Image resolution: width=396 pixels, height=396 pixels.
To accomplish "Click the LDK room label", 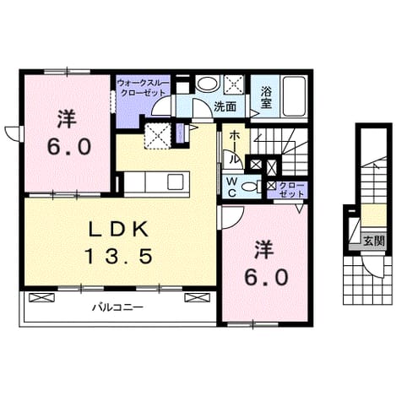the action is point(118,230).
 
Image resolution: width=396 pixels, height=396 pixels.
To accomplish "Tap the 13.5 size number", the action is point(120,256).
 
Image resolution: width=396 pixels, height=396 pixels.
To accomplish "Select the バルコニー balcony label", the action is point(118,307).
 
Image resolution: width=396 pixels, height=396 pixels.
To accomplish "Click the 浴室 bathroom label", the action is point(266,97).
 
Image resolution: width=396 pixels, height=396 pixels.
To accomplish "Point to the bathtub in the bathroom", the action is point(294,96).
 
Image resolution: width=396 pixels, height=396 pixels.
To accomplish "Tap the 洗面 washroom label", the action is point(225,106).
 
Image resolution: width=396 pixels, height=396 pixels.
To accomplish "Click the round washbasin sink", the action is point(208,84).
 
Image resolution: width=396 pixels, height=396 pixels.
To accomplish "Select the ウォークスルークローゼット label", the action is point(143,88).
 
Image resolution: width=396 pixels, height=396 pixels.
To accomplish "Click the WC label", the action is point(231,187).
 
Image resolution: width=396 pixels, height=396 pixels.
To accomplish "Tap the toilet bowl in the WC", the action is point(250,187).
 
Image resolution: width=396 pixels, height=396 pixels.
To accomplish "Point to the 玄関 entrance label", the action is point(373,241).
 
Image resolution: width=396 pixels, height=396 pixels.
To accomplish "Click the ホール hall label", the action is point(233,147).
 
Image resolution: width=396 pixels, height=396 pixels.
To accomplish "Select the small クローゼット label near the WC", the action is point(292,190).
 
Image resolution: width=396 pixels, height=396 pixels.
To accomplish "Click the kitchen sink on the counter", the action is point(176,182).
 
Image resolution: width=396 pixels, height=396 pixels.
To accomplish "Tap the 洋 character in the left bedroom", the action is point(67,119).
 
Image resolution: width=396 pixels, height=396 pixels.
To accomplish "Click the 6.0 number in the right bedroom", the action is point(266,277).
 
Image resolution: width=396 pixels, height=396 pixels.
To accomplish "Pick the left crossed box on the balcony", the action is point(41,298).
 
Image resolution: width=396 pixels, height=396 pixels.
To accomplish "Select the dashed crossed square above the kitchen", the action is point(157,135).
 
